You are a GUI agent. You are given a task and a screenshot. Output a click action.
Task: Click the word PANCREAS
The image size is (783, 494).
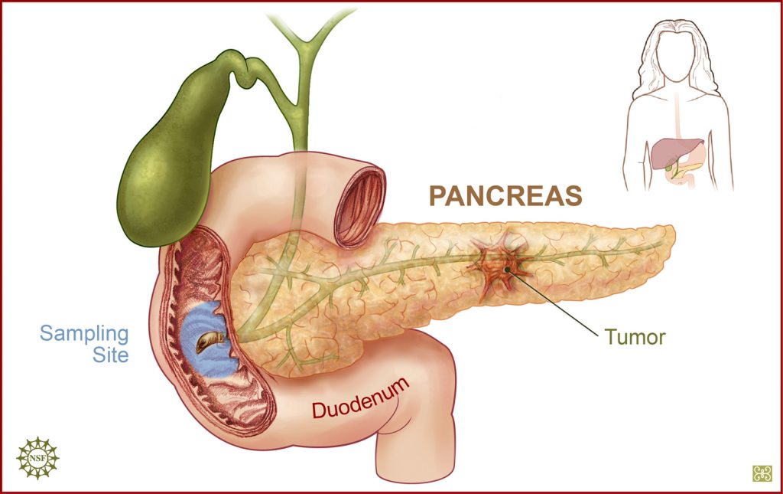[x=505, y=195]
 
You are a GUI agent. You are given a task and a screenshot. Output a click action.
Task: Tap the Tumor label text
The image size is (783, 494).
[x=635, y=338]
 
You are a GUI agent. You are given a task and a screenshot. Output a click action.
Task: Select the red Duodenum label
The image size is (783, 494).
[x=361, y=398]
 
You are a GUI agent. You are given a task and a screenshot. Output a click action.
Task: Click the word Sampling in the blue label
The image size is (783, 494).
[x=84, y=333]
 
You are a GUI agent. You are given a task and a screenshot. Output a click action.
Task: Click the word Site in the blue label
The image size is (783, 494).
[x=110, y=355]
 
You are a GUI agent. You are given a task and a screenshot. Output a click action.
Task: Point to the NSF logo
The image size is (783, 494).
[x=37, y=457]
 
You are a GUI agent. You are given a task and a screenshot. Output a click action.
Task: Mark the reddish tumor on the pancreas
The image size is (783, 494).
[x=502, y=267]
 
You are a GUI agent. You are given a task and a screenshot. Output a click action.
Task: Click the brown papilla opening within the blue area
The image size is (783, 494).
[x=210, y=342]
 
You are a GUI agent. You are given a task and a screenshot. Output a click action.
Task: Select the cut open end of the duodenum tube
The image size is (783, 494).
[x=359, y=205]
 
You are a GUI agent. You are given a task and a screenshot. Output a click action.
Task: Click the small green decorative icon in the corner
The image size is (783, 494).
[x=762, y=473]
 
